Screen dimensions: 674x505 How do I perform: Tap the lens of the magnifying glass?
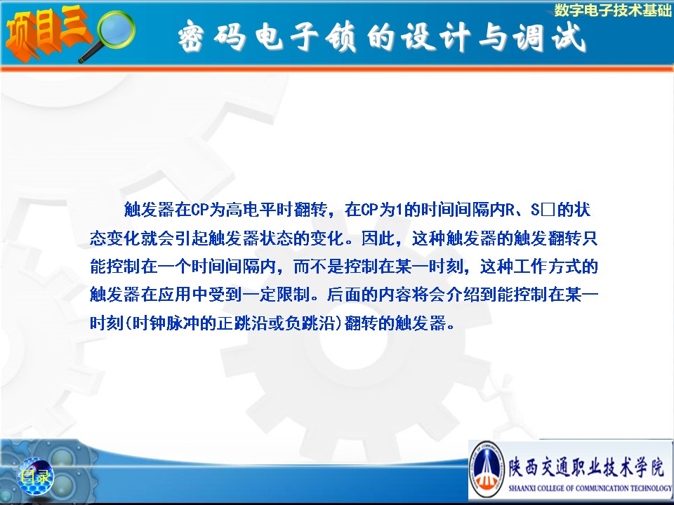click(116, 29)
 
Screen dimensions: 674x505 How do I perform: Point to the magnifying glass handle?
click(89, 54)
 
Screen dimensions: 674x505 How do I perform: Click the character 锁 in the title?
click(341, 37)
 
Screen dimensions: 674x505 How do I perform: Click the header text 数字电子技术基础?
click(613, 10)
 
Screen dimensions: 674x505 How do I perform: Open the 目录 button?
click(35, 476)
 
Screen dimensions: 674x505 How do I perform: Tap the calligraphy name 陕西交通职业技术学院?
click(586, 466)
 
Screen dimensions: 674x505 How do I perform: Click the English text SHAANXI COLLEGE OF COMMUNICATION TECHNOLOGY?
click(590, 488)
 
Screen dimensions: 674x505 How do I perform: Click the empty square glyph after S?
click(548, 210)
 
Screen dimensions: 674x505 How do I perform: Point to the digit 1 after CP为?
click(398, 210)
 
